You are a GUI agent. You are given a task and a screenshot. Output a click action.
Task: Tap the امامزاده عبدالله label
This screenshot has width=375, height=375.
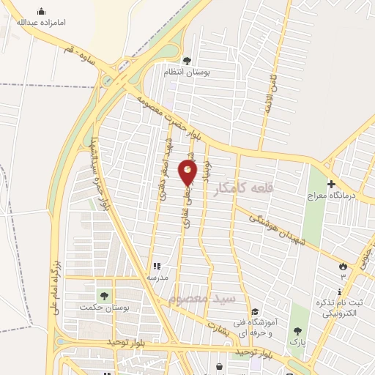tap(42, 22)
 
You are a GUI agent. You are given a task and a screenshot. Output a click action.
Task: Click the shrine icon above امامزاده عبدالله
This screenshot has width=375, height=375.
tap(41, 11)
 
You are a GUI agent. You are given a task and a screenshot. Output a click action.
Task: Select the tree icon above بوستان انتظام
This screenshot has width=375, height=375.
tap(187, 61)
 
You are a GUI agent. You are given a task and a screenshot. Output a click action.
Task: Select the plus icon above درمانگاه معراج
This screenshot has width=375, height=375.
tap(331, 184)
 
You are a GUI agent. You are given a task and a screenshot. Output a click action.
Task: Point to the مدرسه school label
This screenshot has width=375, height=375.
tap(158, 278)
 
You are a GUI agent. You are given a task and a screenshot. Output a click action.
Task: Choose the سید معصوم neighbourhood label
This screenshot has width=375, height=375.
tap(201, 299)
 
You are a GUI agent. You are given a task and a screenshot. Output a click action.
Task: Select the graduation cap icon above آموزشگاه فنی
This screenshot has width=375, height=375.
tap(254, 311)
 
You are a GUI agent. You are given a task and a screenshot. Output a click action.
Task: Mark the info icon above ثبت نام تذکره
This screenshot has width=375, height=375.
tap(336, 292)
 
